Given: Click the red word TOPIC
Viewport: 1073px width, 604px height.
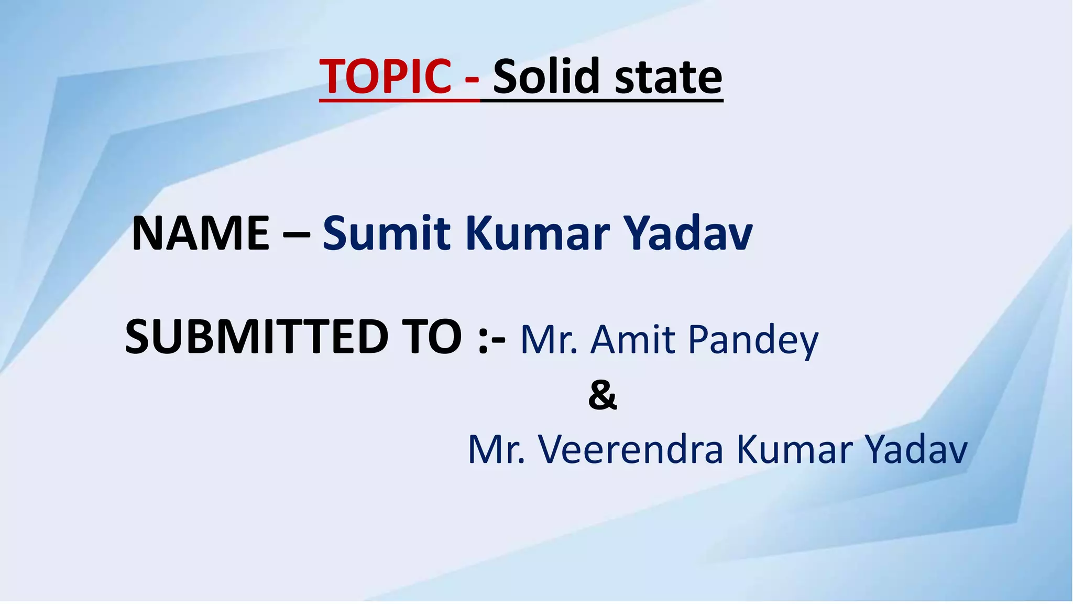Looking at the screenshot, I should (x=385, y=77).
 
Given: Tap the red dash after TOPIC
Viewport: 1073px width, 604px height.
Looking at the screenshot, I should (x=472, y=80).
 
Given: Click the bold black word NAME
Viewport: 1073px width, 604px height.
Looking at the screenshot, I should (x=201, y=233).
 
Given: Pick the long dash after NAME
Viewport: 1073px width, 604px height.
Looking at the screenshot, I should (x=295, y=235).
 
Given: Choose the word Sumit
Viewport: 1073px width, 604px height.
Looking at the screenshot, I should (x=386, y=233).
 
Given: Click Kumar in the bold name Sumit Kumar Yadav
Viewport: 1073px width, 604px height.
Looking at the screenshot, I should (x=538, y=233).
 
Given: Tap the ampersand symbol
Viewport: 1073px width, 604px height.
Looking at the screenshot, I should (x=603, y=396).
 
